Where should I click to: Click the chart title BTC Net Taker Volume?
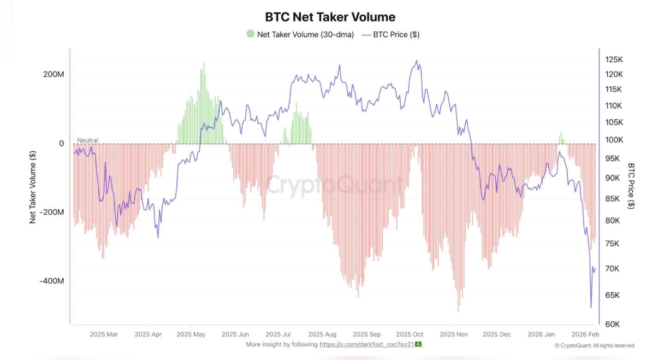(330, 17)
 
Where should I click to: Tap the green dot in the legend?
(250, 34)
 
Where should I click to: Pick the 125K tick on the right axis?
(614, 59)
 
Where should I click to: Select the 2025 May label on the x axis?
(191, 334)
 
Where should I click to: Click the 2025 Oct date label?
(409, 334)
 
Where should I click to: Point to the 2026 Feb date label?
(585, 334)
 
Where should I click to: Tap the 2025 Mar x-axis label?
(103, 334)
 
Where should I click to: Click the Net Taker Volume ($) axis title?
(33, 187)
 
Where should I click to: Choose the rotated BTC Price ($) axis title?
(631, 185)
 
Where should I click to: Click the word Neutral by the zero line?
(87, 140)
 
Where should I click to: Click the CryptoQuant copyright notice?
(594, 345)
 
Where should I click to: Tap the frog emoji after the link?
(419, 344)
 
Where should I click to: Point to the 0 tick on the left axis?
(61, 143)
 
